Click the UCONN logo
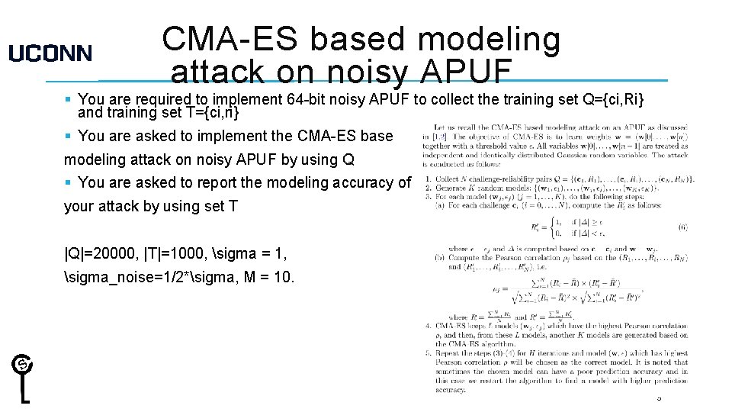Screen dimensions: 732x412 [50, 53]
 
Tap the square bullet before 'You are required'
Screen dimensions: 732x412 [69, 99]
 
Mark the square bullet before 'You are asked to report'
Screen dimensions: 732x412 [69, 182]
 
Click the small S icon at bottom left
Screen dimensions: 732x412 [22, 365]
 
